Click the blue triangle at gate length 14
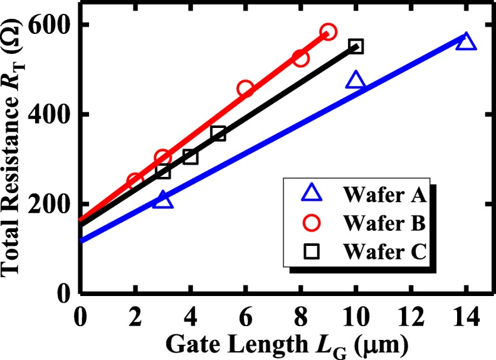click(466, 42)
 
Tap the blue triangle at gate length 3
click(163, 200)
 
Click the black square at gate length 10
click(356, 46)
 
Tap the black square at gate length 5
click(218, 134)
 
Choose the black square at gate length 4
click(191, 157)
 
